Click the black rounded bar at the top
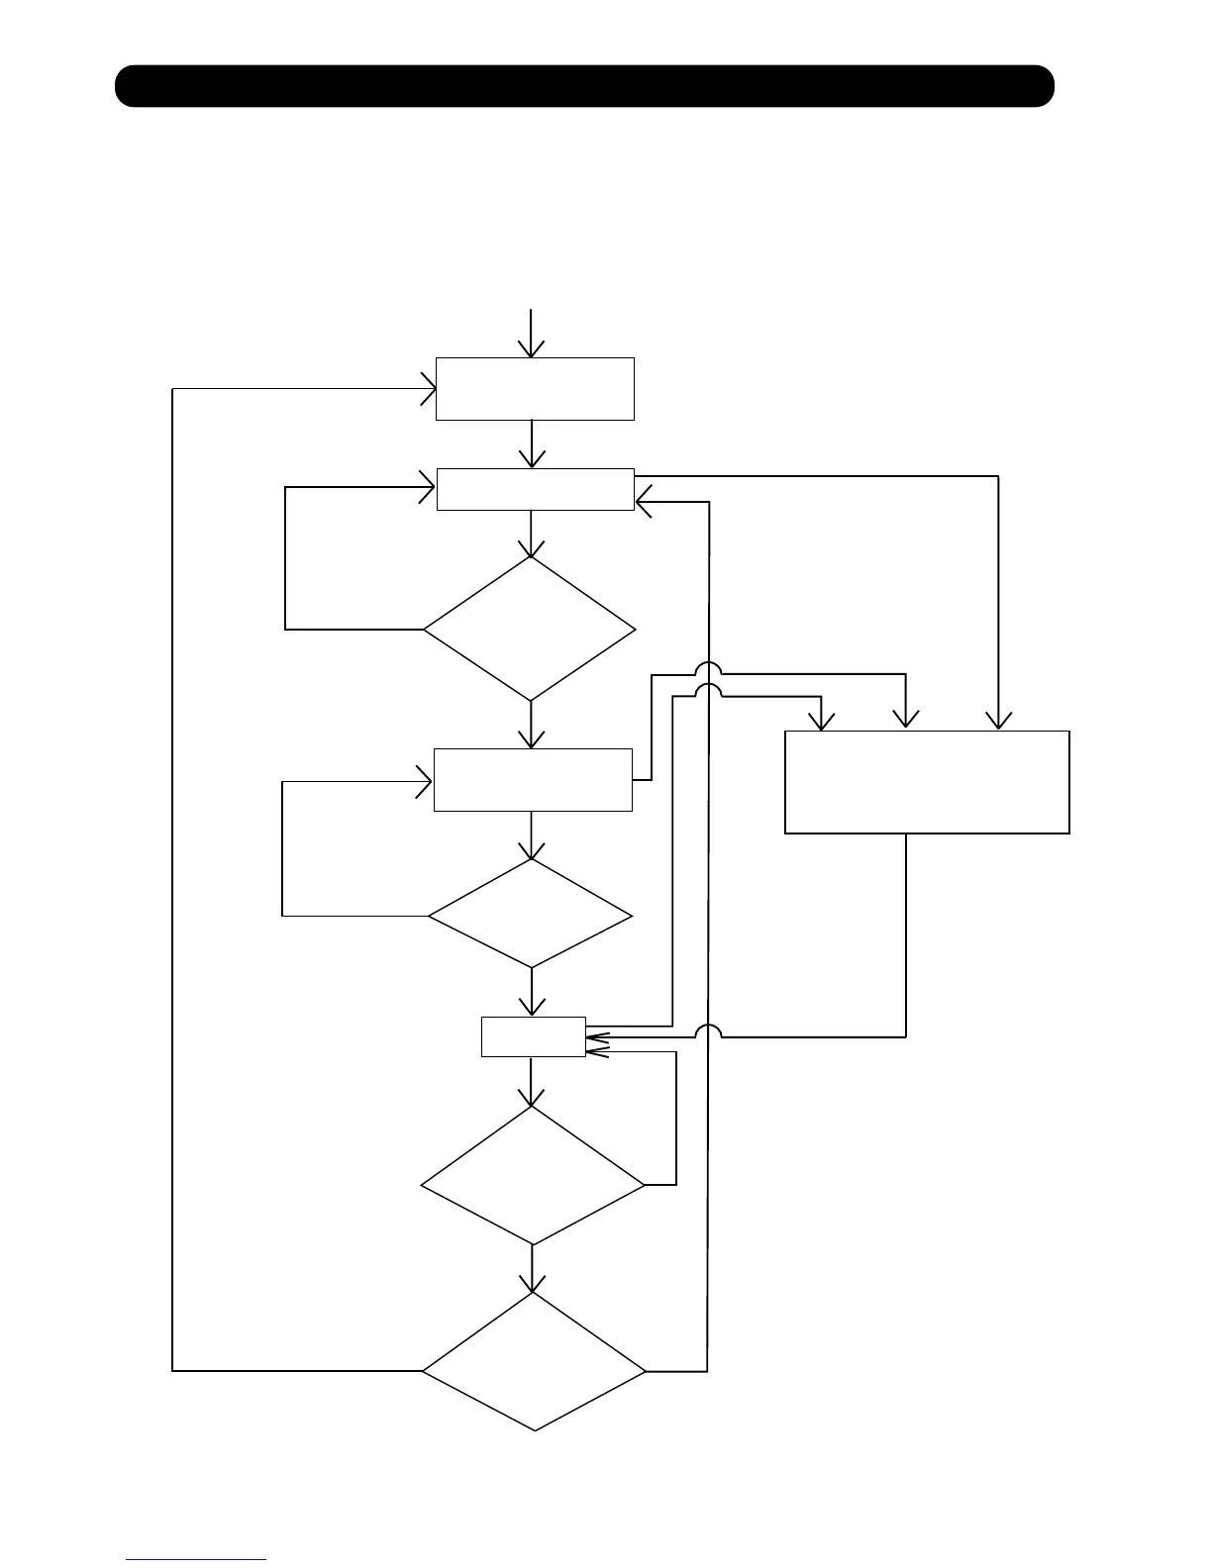584,86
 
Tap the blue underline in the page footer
196,1559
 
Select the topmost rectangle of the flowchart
535,389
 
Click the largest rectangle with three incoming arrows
927,782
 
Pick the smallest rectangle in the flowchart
534,1036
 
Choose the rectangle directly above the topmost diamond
535,489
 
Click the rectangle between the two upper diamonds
533,780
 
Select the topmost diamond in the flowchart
531,629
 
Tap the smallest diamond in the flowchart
531,913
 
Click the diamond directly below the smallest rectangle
533,1175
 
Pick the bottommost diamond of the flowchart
534,1362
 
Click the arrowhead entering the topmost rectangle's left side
428,389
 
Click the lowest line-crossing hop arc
707,1031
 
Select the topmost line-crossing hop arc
707,668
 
